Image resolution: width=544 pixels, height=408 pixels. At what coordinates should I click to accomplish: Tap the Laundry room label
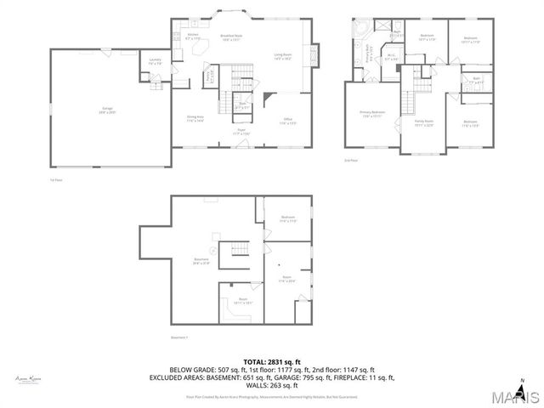click(155, 61)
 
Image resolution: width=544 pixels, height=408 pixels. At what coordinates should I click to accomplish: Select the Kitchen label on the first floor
click(192, 37)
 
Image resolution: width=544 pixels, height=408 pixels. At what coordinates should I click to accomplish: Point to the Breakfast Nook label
click(231, 37)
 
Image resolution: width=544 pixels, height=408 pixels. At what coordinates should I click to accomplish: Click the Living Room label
click(283, 57)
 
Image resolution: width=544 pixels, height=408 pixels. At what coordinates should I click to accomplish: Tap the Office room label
click(288, 122)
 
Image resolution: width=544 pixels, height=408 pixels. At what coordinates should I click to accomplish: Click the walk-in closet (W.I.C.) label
click(391, 59)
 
